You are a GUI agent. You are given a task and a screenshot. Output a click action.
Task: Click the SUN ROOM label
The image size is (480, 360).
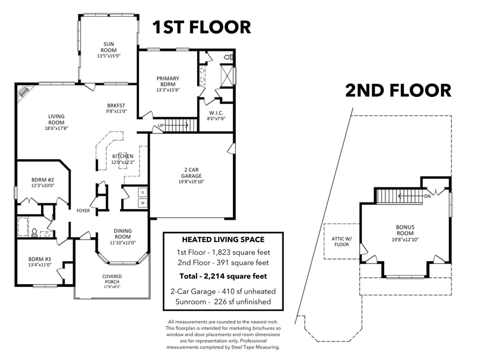pos(108,47)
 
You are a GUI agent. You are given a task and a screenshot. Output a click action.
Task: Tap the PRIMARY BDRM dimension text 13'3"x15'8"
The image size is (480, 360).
pos(168,90)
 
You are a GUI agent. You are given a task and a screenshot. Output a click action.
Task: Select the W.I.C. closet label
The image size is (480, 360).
pos(216,113)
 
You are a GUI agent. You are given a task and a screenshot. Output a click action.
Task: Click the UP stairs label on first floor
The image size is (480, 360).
pos(161,125)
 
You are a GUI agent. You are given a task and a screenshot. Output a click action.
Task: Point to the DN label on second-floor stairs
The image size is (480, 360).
pos(428,196)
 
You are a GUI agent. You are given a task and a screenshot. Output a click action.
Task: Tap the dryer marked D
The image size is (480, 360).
pos(143,192)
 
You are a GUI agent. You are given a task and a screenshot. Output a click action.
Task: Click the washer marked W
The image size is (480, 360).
pos(143,203)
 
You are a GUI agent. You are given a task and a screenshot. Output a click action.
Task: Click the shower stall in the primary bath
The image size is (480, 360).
pos(228,75)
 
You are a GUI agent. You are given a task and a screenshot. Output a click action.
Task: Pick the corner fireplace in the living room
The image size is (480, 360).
pos(24,91)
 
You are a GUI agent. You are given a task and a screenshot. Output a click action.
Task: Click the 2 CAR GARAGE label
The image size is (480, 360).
pos(192,173)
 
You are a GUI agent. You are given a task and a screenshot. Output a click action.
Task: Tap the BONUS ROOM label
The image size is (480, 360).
pos(405,230)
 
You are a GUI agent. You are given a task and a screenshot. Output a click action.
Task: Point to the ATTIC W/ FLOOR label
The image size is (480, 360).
pos(342,242)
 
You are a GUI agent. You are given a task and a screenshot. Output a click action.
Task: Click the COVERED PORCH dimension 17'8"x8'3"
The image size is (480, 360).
pos(112,287)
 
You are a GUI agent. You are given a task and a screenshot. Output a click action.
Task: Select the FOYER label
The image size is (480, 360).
pos(83,211)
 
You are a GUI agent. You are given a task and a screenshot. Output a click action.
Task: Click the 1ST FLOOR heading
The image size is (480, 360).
pos(202,27)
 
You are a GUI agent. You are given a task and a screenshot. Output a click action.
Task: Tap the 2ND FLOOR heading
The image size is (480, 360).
pos(398,91)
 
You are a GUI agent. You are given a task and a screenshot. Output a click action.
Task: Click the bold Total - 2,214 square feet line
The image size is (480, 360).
pos(223,276)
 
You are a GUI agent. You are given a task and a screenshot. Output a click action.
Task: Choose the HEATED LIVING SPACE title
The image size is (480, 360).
pos(223,239)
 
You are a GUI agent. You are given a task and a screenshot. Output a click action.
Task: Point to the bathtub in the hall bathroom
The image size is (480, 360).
pos(22,227)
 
